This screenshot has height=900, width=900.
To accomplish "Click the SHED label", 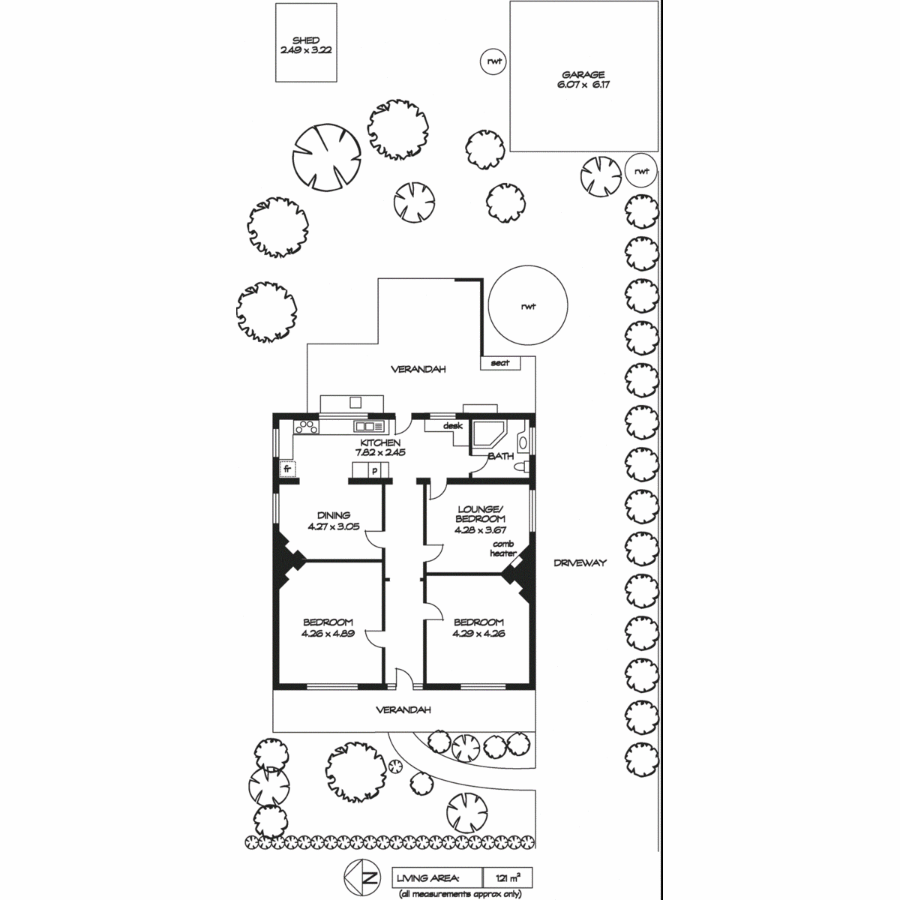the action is coord(306,40).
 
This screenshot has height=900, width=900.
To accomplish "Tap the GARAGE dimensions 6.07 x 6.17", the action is coord(583,85).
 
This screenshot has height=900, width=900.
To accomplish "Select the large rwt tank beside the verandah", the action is coord(528,305).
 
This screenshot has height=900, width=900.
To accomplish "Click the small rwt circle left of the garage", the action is coord(493,61).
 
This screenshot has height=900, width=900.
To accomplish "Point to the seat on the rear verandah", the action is coord(500,363).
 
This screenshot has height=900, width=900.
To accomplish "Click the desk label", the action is coord(452,425).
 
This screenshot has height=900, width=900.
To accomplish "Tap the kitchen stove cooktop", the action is coord(306,427).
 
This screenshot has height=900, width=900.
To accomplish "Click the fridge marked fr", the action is coord(287,469).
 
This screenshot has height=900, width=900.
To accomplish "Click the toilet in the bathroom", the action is coord(522,466).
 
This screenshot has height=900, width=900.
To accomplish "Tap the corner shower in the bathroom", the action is coord(489,434).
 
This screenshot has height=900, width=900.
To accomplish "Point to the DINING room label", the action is coord(334,515).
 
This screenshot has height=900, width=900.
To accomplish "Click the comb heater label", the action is coord(503,548).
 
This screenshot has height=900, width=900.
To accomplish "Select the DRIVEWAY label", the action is coord(580,562).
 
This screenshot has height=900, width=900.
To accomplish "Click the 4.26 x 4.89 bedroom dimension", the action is coord(328,634).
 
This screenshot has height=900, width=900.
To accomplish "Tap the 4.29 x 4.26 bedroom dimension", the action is coord(478,634).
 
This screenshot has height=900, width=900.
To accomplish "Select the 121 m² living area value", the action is coord(508,878).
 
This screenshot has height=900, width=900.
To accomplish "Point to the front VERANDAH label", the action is coord(403,710).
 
